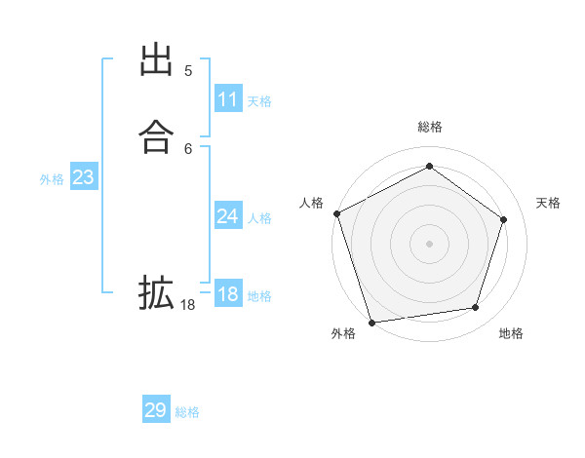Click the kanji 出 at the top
coord(156,61)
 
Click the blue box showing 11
coord(228,99)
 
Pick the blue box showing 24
coord(228,216)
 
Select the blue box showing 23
coord(83,177)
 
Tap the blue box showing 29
coord(156,410)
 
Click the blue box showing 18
coord(228,294)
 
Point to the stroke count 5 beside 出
coord(188,71)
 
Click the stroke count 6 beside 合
coord(188,148)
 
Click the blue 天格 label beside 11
coord(259,101)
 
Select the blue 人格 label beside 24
coord(259,218)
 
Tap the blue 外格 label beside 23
coord(52,179)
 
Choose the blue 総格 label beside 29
coord(187,412)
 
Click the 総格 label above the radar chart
coord(429,127)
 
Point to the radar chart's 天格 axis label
coord(549,203)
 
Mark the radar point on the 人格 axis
coord(336,213)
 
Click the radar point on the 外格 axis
coord(371,321)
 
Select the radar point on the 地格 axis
coord(475,308)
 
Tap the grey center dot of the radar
coord(429,243)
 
